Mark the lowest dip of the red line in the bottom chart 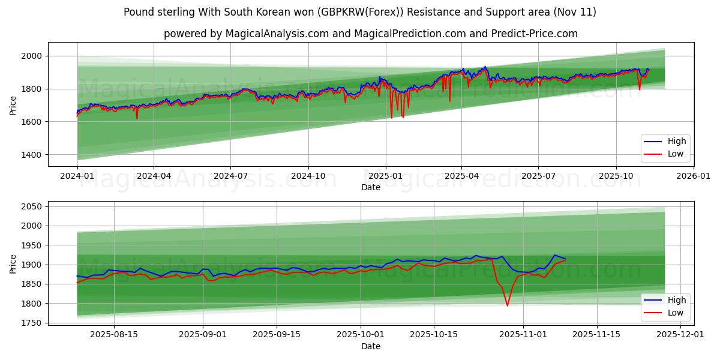[x=507, y=306]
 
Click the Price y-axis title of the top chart [x=13, y=105]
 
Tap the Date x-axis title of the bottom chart [x=370, y=346]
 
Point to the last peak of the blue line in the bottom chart [x=554, y=255]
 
